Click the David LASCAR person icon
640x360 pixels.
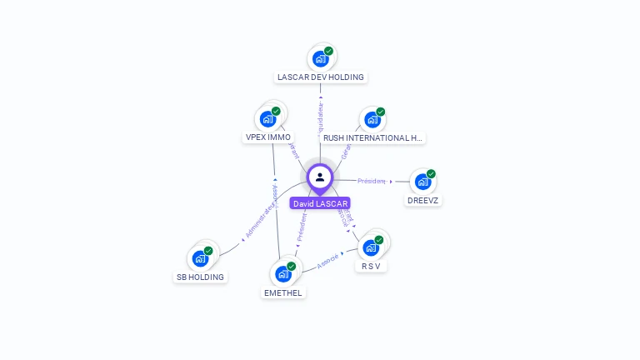[320, 177]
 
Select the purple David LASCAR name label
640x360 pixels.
[320, 203]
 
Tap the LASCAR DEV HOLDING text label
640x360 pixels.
[321, 77]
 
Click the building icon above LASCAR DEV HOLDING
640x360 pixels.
[319, 59]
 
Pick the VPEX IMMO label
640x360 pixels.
[268, 137]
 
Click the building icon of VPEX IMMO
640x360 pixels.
[267, 118]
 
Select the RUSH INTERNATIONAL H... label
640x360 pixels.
[372, 137]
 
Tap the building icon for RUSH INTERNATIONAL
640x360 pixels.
[372, 119]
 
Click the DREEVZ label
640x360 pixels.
[423, 200]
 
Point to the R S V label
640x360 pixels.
[371, 266]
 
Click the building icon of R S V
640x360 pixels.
[371, 247]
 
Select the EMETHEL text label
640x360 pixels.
[283, 292]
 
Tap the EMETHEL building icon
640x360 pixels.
[283, 273]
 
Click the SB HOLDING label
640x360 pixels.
[200, 277]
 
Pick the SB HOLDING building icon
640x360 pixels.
[200, 258]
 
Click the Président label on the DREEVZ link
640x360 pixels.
[372, 181]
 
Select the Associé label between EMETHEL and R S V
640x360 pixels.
[327, 261]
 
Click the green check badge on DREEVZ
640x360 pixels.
[431, 174]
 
